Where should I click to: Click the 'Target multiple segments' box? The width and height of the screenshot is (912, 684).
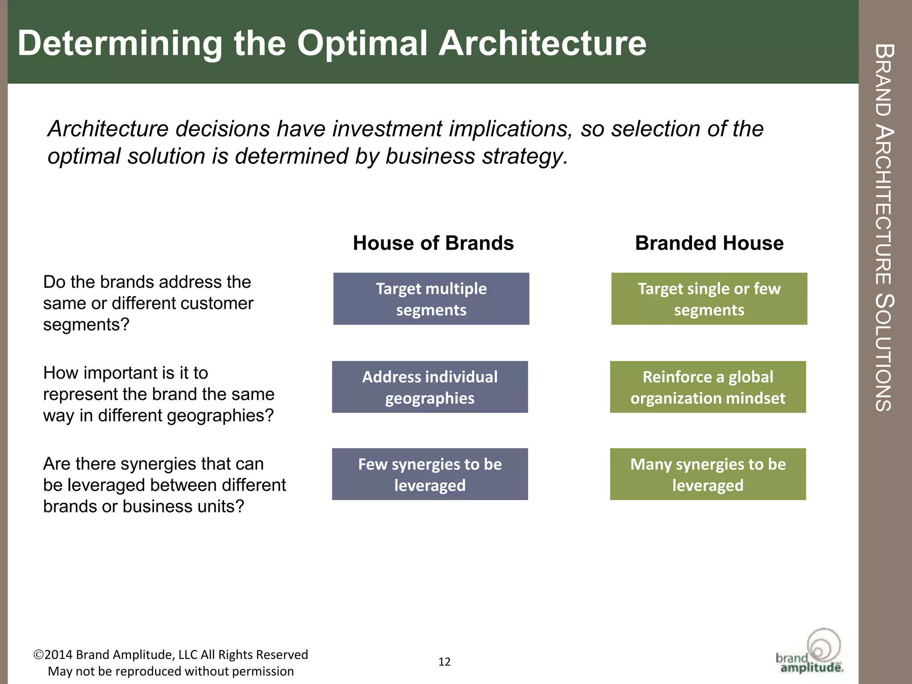pyautogui.click(x=431, y=299)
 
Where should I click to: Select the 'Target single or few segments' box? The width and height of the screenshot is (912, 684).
pyautogui.click(x=709, y=299)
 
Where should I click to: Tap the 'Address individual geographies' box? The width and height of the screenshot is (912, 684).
pyautogui.click(x=430, y=387)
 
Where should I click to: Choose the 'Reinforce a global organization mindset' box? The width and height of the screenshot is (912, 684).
pyautogui.click(x=708, y=387)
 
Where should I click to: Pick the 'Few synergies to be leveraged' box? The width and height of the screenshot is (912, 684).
pyautogui.click(x=430, y=474)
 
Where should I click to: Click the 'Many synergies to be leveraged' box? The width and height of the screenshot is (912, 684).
pyautogui.click(x=708, y=474)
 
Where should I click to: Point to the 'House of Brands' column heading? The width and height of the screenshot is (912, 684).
pyautogui.click(x=433, y=243)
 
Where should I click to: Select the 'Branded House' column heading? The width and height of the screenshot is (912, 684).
pyautogui.click(x=709, y=243)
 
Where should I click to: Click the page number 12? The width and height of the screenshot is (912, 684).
pyautogui.click(x=444, y=662)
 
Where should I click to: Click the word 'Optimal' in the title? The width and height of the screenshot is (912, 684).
pyautogui.click(x=362, y=43)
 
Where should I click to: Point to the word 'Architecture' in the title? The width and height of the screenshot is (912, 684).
pyautogui.click(x=542, y=43)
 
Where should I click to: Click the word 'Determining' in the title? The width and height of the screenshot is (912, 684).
pyautogui.click(x=120, y=43)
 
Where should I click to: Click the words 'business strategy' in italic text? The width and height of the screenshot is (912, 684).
pyautogui.click(x=476, y=156)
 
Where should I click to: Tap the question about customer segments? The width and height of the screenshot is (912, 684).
pyautogui.click(x=148, y=303)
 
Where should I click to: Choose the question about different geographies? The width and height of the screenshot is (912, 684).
pyautogui.click(x=159, y=394)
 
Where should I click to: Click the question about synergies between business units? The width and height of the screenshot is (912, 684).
pyautogui.click(x=164, y=485)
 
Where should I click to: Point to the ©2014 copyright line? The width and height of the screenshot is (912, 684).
pyautogui.click(x=171, y=655)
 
